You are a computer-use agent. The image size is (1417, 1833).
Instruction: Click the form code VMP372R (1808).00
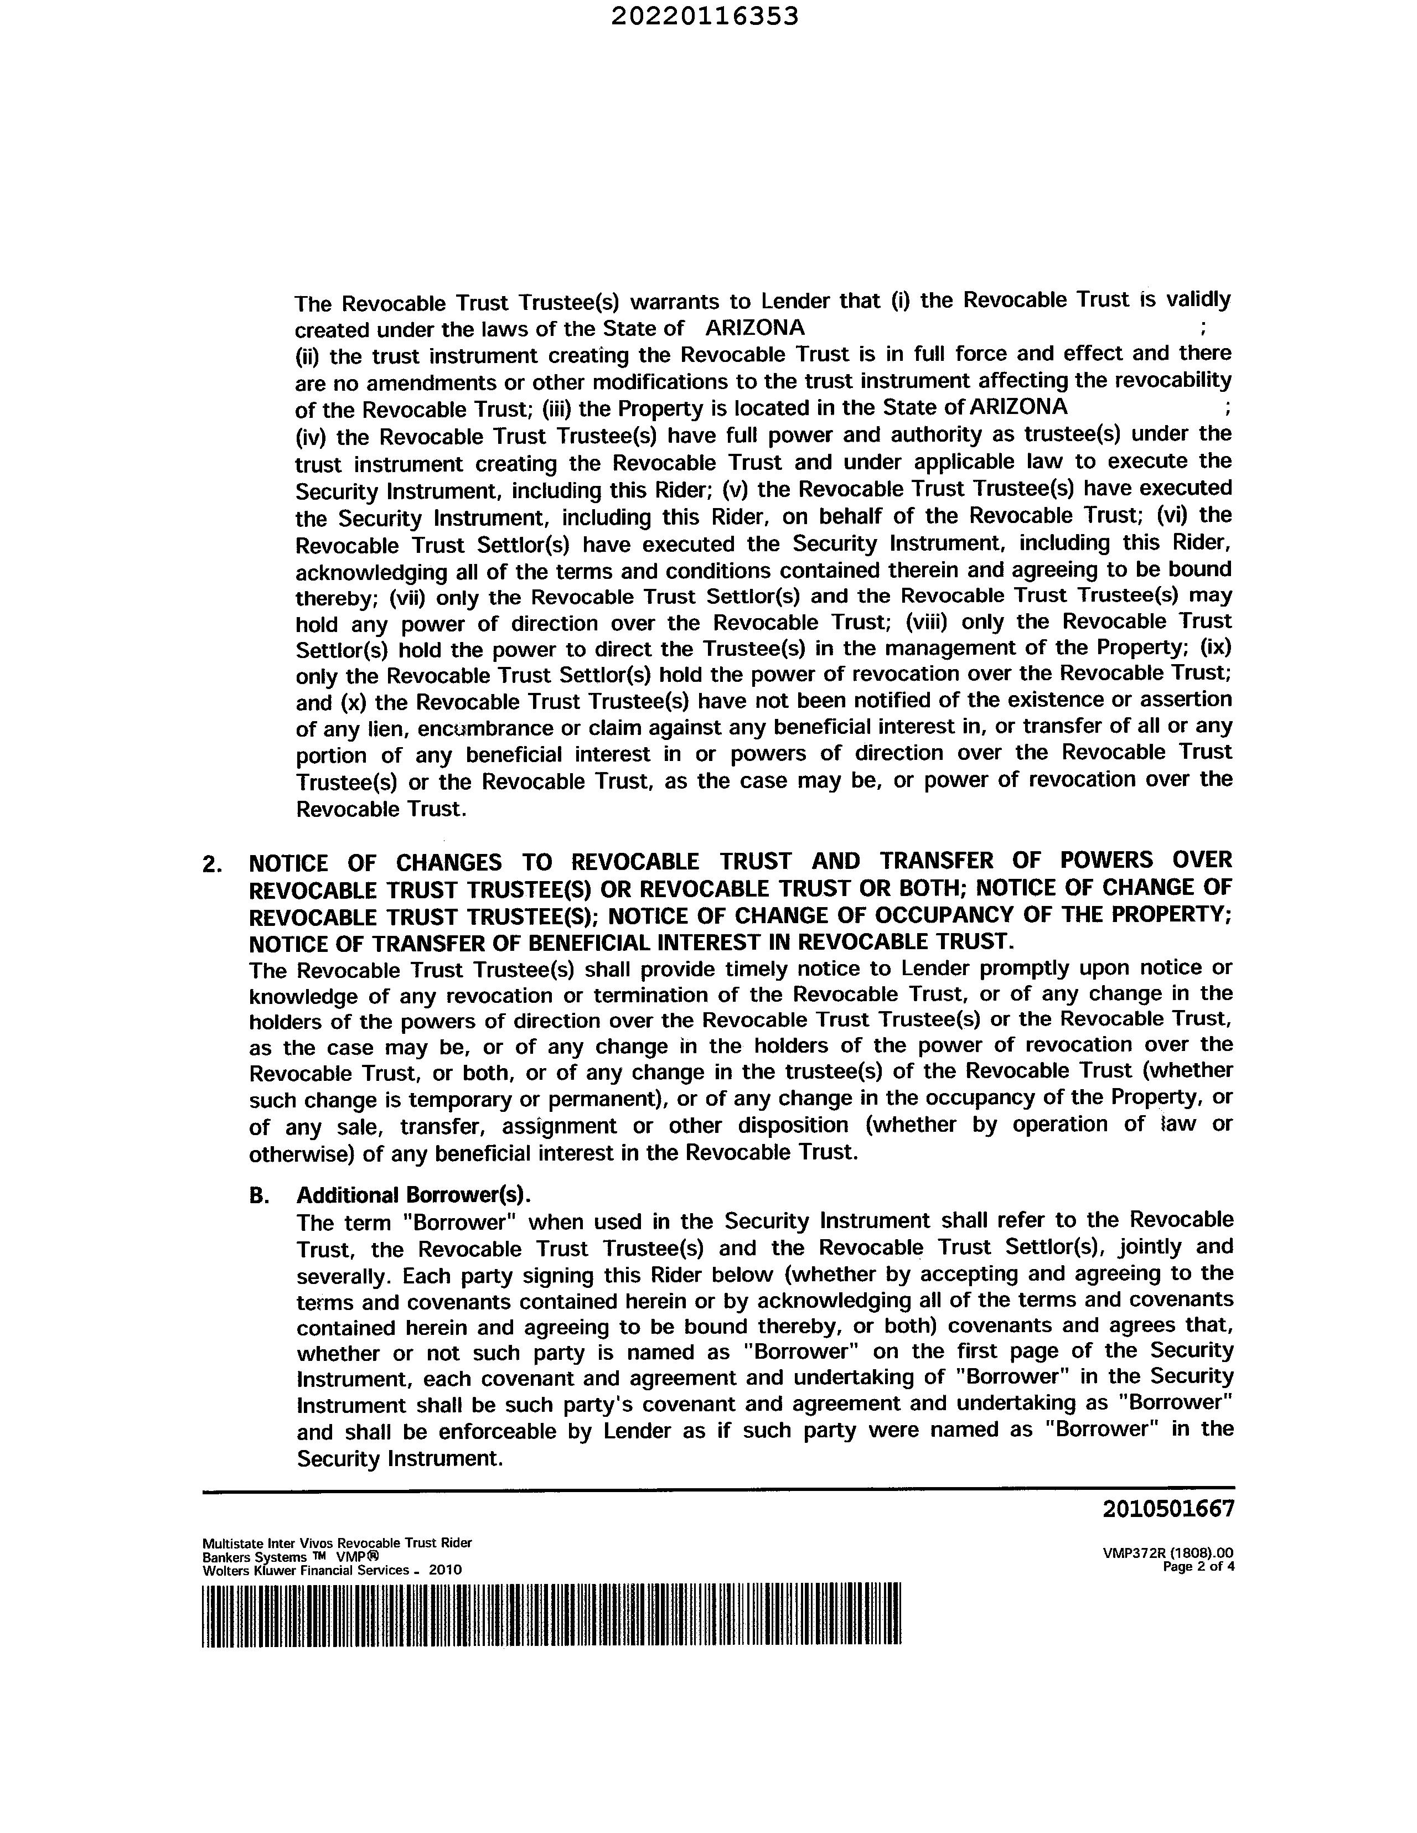pos(1168,1554)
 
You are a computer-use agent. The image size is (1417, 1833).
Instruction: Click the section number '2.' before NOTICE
pos(213,863)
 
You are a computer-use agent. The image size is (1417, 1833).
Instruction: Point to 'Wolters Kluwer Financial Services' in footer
pos(306,1570)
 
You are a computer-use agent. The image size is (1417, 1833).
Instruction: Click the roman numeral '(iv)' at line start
pos(311,437)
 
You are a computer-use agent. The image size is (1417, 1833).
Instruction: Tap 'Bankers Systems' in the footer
pos(255,1557)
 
